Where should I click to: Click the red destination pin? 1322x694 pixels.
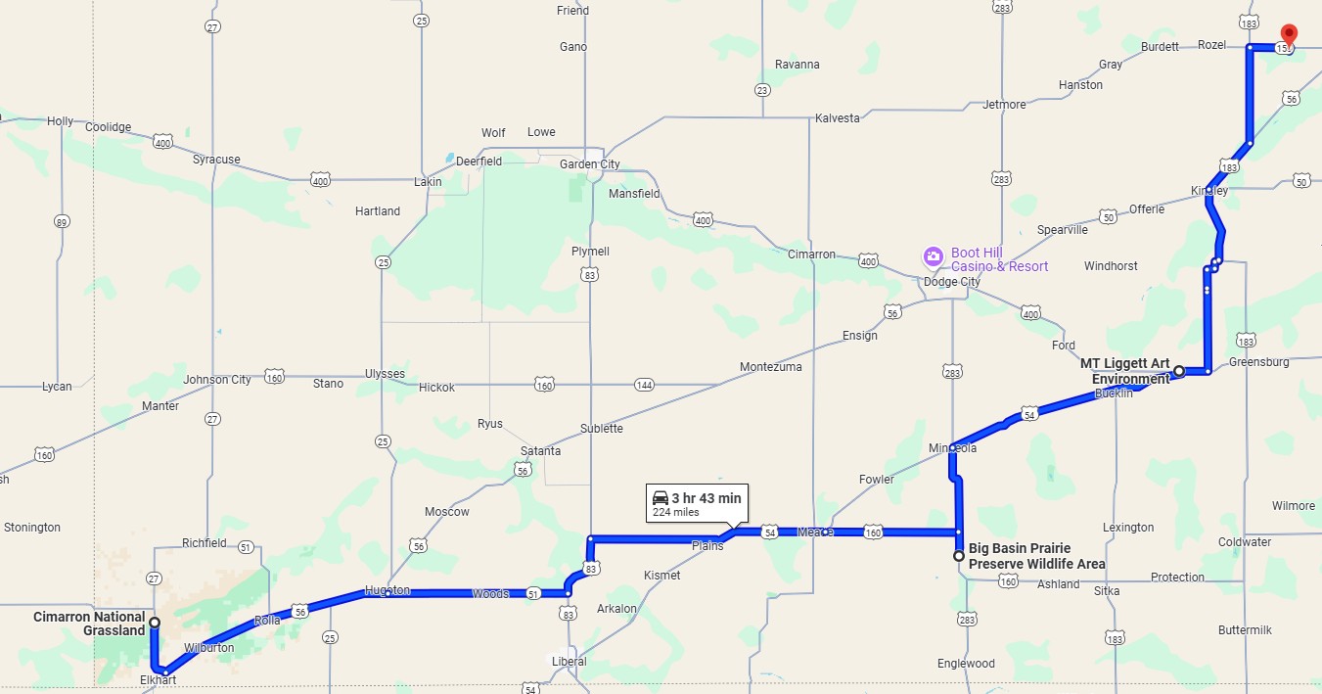[x=1289, y=35]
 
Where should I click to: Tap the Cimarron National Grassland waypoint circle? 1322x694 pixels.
[x=155, y=623]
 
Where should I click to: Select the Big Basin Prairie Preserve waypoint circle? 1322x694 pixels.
[x=959, y=556]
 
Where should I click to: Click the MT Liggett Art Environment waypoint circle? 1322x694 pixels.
[x=1179, y=371]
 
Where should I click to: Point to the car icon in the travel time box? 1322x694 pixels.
[x=661, y=498]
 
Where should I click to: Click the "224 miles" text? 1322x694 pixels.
[x=673, y=513]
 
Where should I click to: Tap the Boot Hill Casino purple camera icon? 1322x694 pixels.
[x=934, y=257]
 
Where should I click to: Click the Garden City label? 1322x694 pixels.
[x=589, y=164]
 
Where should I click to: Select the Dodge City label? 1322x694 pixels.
[x=952, y=282]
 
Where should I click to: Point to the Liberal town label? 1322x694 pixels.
[x=569, y=662]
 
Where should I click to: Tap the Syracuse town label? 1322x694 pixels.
[x=216, y=160]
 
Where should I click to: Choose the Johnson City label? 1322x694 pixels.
[x=217, y=380]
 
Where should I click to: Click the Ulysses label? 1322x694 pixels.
[x=385, y=374]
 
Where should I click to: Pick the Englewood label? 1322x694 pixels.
[x=966, y=664]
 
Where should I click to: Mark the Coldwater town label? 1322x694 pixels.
[x=1245, y=542]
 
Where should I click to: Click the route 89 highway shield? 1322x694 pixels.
[x=62, y=222]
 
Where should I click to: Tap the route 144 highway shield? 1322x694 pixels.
[x=644, y=385]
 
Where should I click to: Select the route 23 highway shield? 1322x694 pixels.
[x=761, y=90]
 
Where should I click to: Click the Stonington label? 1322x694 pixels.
[x=32, y=528]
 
